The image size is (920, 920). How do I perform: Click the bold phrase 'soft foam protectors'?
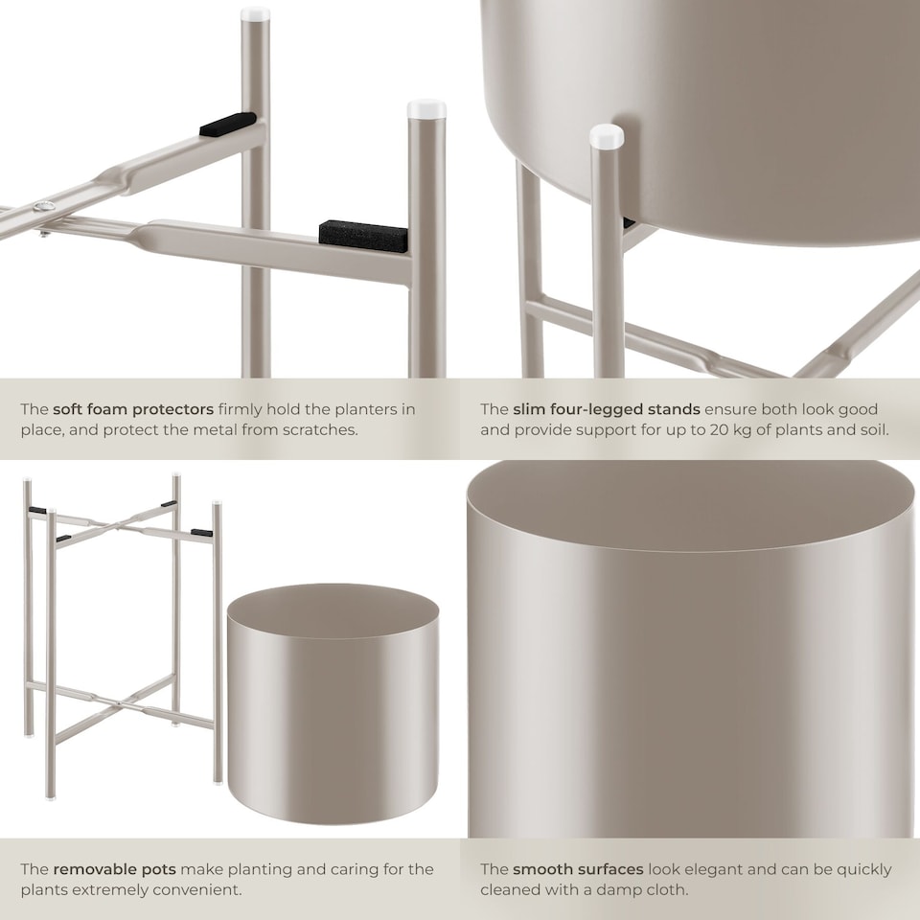click(x=133, y=409)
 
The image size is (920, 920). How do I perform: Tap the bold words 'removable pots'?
click(x=114, y=869)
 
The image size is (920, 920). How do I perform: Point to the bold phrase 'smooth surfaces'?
click(x=578, y=869)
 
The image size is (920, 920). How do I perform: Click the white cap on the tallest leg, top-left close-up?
click(x=255, y=14)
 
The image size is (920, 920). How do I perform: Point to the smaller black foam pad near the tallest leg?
click(x=227, y=124)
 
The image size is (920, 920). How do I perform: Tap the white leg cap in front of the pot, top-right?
click(x=607, y=136)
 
